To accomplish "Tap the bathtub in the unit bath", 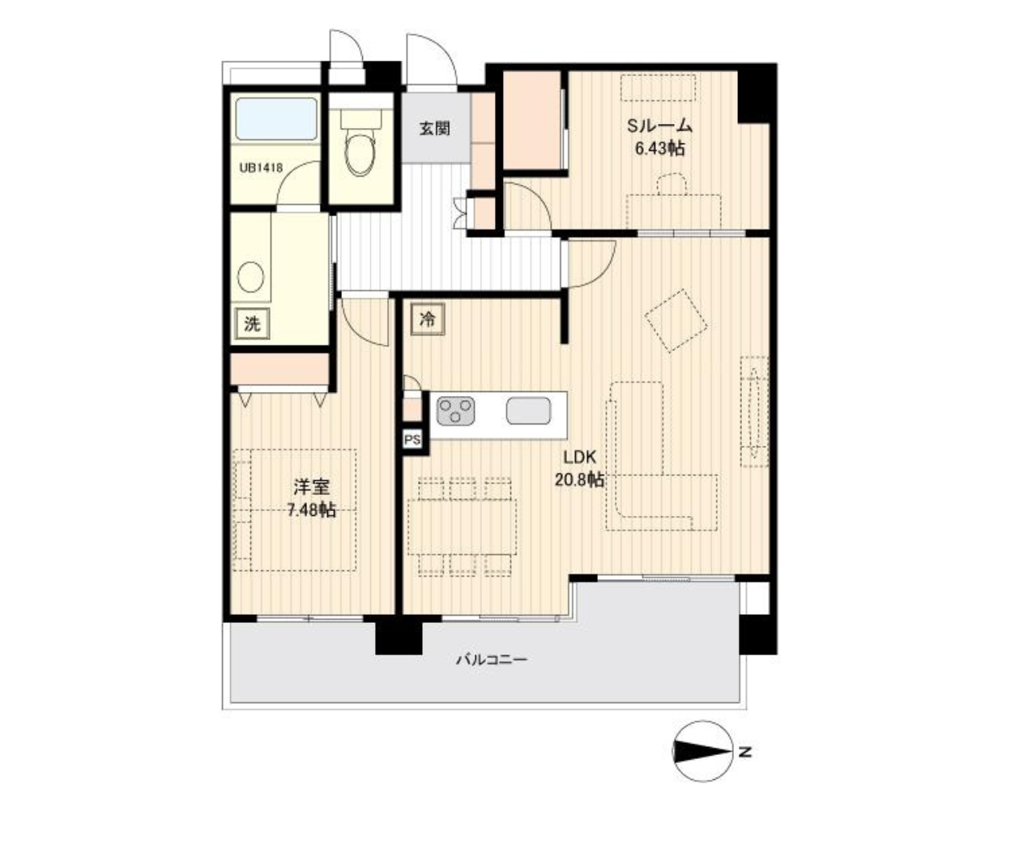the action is [x=276, y=119].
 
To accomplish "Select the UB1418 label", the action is [x=261, y=168].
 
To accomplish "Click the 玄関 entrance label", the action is [x=434, y=129].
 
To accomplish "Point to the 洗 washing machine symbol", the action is [x=252, y=323].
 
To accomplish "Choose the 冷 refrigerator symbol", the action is [x=428, y=319].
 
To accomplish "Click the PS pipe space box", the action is [x=412, y=440].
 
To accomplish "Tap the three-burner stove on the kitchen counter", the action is [x=455, y=411].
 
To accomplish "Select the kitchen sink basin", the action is [x=528, y=411].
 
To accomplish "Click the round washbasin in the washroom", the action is [x=250, y=277].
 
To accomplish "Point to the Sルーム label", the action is [x=659, y=126].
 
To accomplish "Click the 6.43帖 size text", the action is [x=659, y=149].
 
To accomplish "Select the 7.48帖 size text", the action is [x=311, y=510].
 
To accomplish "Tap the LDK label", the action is [x=579, y=457].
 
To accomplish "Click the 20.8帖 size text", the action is [x=579, y=480].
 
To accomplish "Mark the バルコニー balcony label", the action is [x=492, y=659].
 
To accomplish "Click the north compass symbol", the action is [x=703, y=752].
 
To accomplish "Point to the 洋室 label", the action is [x=311, y=487].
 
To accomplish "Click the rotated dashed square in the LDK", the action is [x=676, y=321].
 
